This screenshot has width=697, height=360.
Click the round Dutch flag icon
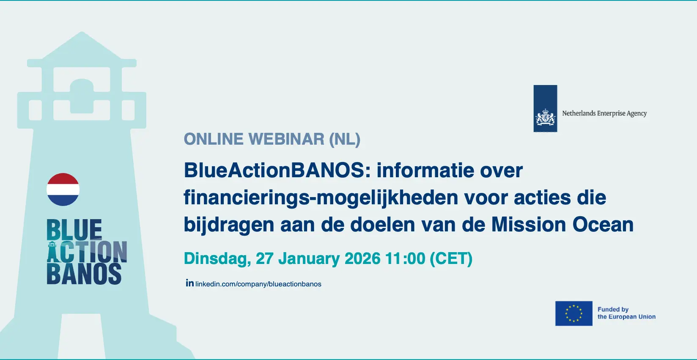pos(63,190)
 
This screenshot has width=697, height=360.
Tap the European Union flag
pos(574,313)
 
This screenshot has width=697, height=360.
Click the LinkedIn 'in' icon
pos(190,283)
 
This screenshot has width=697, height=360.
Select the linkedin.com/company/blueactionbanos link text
pos(258,284)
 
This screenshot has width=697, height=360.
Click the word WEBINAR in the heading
pos(286,139)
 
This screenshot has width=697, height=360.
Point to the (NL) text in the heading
pos(345,139)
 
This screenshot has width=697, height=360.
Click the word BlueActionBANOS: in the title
pos(277,170)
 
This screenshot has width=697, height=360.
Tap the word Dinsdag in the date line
pos(217,259)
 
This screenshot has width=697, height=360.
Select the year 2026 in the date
pos(362,258)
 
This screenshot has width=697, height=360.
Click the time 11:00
pos(405,258)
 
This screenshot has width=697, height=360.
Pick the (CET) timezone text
pos(451,259)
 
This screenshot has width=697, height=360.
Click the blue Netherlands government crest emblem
pos(545,108)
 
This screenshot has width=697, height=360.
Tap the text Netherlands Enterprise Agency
pos(604,113)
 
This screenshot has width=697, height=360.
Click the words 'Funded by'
pos(613,310)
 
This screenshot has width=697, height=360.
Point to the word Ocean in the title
pos(603,225)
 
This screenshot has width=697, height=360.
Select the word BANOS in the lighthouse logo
pos(84,274)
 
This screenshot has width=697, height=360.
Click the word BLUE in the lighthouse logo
pos(74,229)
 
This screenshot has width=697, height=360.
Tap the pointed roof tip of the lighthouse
pos(82,32)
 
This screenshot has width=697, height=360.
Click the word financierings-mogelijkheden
pos(321,198)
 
